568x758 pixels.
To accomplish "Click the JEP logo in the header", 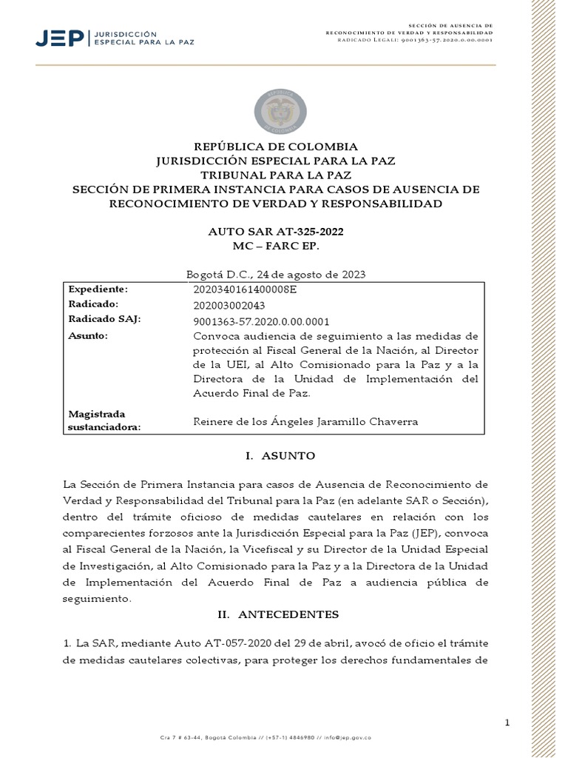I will coord(115,38).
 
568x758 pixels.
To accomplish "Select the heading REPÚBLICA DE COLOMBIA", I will coord(275,147).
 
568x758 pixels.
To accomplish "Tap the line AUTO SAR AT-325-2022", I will coord(275,232).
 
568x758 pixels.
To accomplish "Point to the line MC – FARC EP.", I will coord(275,245).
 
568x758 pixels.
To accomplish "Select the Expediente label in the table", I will coord(98,289).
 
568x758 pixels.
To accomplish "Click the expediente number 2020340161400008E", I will coord(244,289).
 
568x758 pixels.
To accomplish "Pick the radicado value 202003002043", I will coord(229,305).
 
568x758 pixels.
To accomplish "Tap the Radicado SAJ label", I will coord(104,319).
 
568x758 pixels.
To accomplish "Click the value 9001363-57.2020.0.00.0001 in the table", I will coord(260,322).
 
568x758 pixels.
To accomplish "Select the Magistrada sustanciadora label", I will coord(104,420).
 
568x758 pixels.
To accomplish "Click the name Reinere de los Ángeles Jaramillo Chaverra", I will coord(305,422).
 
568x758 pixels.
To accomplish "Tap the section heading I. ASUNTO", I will coord(280,456).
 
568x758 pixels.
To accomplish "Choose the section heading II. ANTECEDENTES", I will coord(277,614).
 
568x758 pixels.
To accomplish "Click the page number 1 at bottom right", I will coord(507,722).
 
